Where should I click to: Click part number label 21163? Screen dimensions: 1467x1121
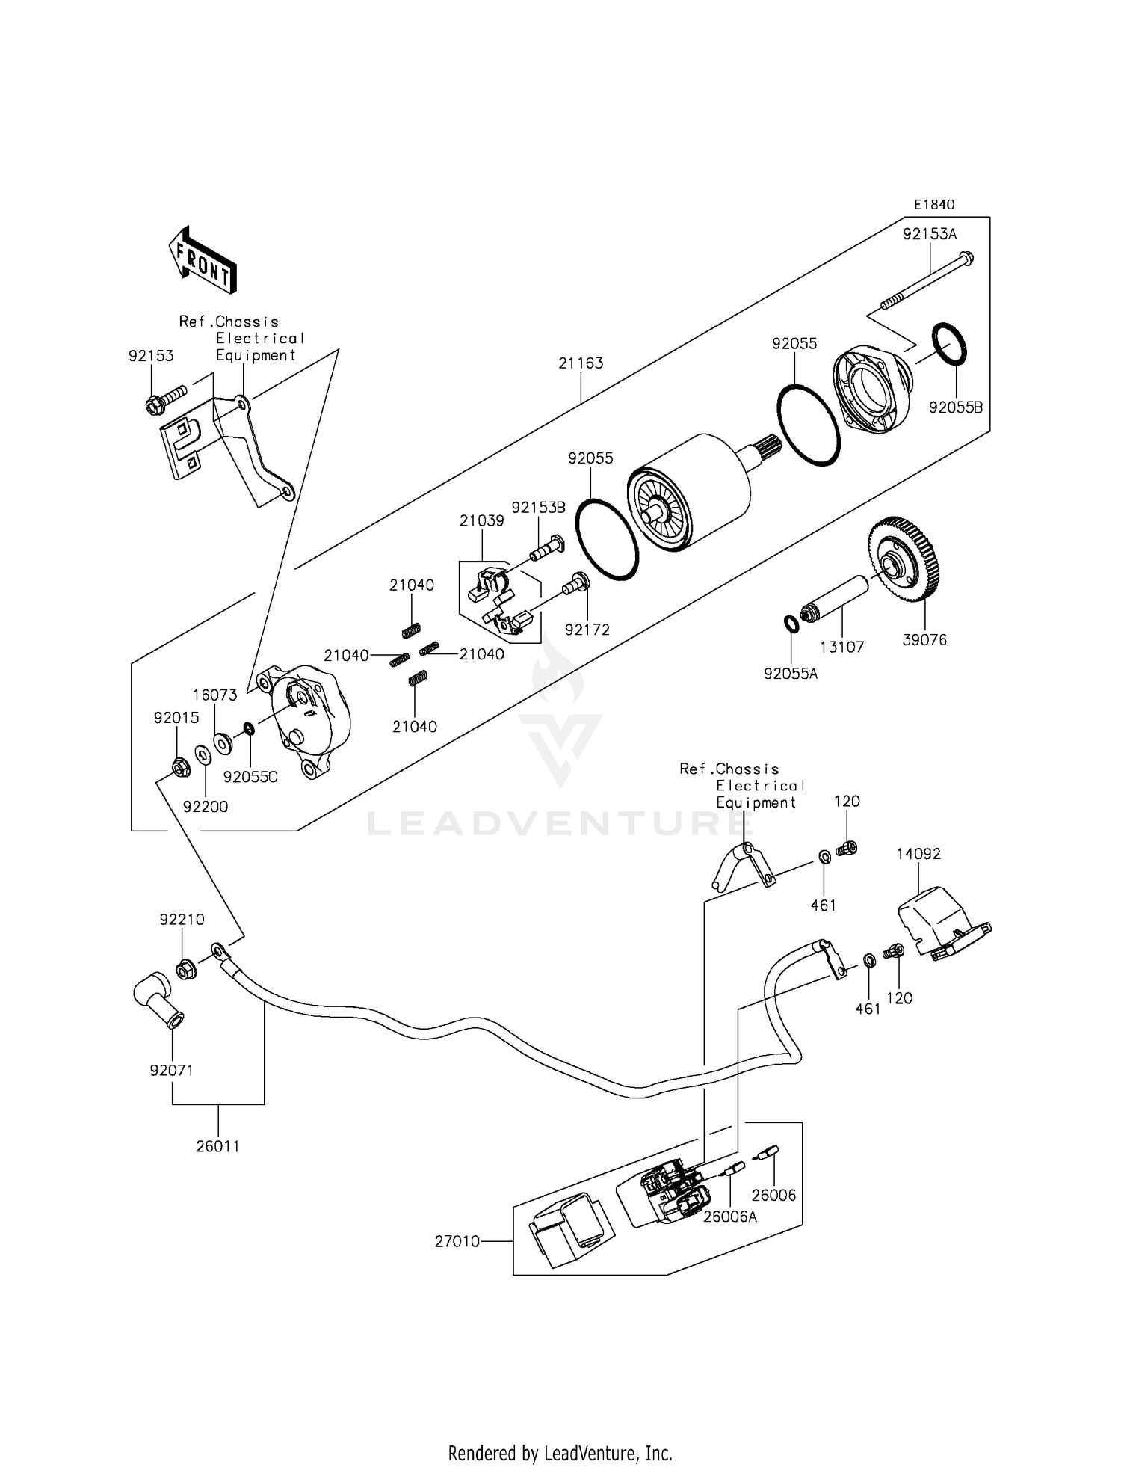pos(581,363)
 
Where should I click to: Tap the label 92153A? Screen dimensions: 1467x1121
pos(929,234)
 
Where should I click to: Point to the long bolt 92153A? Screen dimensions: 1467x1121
pos(927,280)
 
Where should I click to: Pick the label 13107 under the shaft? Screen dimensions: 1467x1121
pos(842,648)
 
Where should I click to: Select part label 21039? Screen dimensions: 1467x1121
pos(481,521)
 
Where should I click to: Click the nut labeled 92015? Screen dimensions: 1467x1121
pos(179,766)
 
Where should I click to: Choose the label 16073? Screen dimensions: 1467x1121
pos(214,695)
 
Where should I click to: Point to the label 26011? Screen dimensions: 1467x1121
pos(217,1146)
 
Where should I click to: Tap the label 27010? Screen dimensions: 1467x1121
pos(457,1242)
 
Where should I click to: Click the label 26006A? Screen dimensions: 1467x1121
pos(729,1217)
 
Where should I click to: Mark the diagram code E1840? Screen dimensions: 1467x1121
pos(934,205)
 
